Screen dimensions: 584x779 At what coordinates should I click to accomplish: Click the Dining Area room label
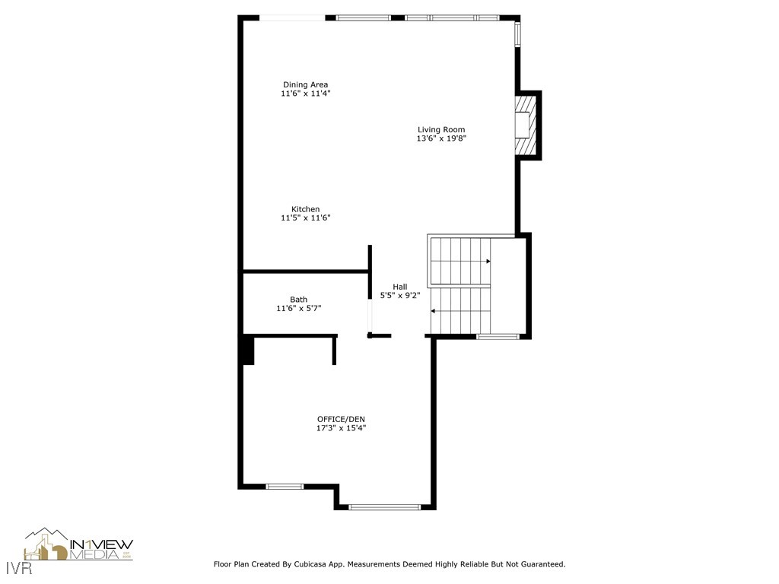pyautogui.click(x=305, y=84)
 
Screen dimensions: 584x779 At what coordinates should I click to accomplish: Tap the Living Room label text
pyautogui.click(x=440, y=129)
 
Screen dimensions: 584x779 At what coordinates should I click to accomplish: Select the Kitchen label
pyautogui.click(x=305, y=209)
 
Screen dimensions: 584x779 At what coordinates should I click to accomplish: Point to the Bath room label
pyautogui.click(x=298, y=300)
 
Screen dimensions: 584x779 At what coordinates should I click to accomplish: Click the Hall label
pyautogui.click(x=399, y=287)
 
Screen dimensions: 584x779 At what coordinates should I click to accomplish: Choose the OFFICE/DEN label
pyautogui.click(x=341, y=419)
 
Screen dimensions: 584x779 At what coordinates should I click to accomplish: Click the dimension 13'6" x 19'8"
pyautogui.click(x=440, y=138)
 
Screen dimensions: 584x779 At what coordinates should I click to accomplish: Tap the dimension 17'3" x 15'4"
pyautogui.click(x=341, y=428)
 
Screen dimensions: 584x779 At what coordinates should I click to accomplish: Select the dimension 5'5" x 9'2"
pyautogui.click(x=399, y=296)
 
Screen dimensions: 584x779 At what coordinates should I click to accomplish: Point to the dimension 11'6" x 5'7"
pyautogui.click(x=298, y=309)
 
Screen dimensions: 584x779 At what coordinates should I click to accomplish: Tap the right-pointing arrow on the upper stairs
pyautogui.click(x=488, y=262)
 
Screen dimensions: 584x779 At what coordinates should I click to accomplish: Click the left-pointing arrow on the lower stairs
pyautogui.click(x=434, y=311)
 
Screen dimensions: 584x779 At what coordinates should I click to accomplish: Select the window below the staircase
pyautogui.click(x=498, y=336)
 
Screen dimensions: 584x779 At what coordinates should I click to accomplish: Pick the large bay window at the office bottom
pyautogui.click(x=384, y=506)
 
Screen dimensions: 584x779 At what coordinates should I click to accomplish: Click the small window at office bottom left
pyautogui.click(x=285, y=487)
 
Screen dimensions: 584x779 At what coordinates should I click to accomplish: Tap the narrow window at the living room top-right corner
pyautogui.click(x=517, y=34)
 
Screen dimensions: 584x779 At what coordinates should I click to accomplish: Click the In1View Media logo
pyautogui.click(x=79, y=545)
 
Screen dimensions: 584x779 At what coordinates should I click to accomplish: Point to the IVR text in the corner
pyautogui.click(x=12, y=567)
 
